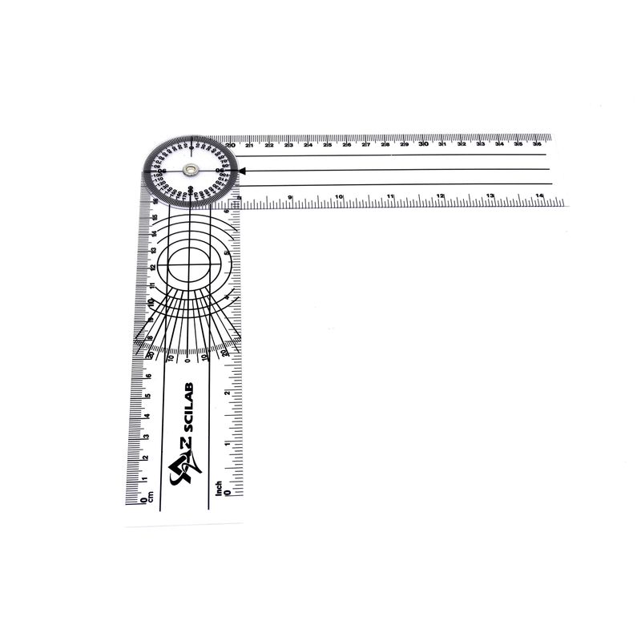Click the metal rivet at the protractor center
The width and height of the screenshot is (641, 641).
pyautogui.click(x=191, y=169)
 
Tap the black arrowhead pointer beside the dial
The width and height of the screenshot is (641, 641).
pyautogui.click(x=242, y=169)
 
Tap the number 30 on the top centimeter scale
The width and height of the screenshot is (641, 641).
pyautogui.click(x=423, y=144)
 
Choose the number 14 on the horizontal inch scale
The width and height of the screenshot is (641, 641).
pyautogui.click(x=540, y=196)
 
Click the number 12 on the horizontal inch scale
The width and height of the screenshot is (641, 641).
pyautogui.click(x=440, y=196)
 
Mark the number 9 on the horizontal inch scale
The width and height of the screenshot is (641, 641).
pyautogui.click(x=289, y=196)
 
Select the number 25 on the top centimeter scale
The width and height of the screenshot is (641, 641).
pyautogui.click(x=327, y=144)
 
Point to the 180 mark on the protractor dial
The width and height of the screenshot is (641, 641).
pyautogui.click(x=191, y=189)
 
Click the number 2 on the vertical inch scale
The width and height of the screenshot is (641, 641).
pyautogui.click(x=228, y=393)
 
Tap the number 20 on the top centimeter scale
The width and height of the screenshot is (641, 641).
pyautogui.click(x=231, y=144)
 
